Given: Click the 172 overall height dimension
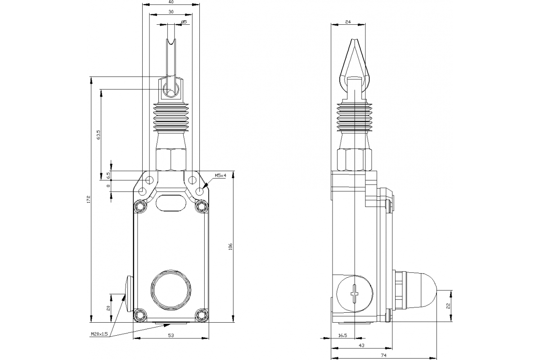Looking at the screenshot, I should [x=89, y=198].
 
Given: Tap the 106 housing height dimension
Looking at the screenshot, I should [x=230, y=247].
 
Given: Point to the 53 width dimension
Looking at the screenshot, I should [x=171, y=335].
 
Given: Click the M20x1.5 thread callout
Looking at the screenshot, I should [x=99, y=334].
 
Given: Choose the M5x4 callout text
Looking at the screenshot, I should [x=220, y=175].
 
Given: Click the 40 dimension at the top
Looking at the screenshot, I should [x=171, y=2].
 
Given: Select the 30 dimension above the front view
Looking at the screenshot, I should [x=171, y=12].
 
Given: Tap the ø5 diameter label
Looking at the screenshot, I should [x=183, y=22].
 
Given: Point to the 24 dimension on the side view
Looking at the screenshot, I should [x=347, y=21].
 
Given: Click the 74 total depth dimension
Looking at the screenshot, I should [x=383, y=355].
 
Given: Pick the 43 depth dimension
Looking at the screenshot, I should [x=362, y=345].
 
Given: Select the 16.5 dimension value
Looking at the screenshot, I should [x=342, y=335].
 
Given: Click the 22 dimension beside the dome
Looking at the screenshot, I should [x=448, y=306].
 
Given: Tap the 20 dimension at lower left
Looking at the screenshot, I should [x=108, y=308].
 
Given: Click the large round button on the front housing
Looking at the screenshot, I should [x=171, y=290].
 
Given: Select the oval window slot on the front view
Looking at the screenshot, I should [x=171, y=202].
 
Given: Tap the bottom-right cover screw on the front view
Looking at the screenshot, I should [x=202, y=315].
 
